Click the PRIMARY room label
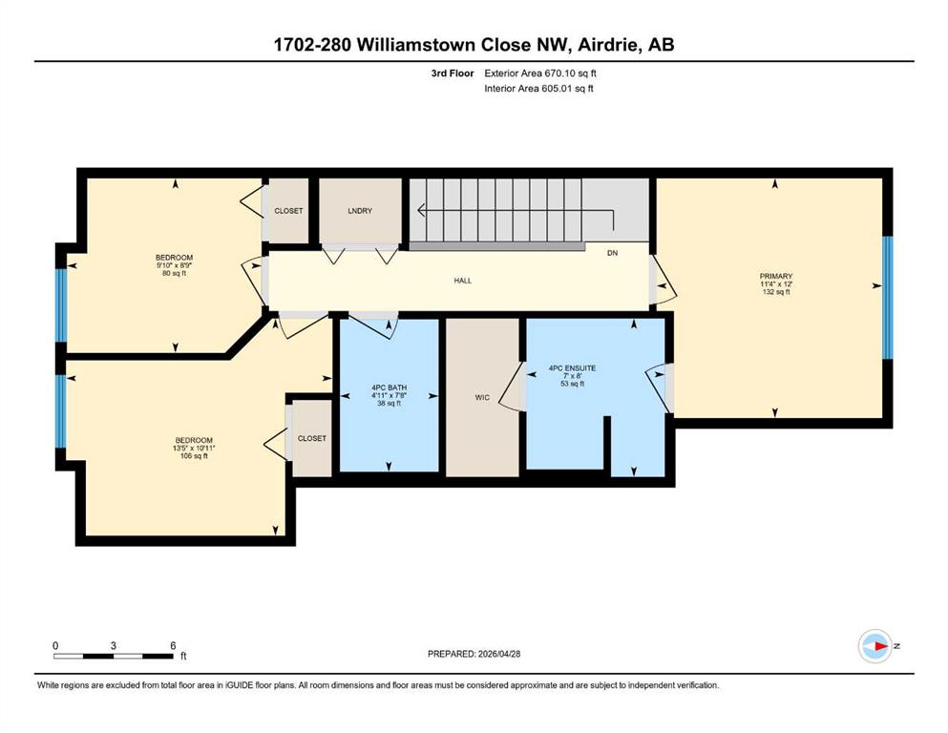pyautogui.click(x=776, y=276)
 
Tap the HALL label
pyautogui.click(x=462, y=281)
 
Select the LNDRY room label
pyautogui.click(x=360, y=211)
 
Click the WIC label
pyautogui.click(x=482, y=398)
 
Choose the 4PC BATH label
pyautogui.click(x=389, y=387)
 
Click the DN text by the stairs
pyautogui.click(x=613, y=253)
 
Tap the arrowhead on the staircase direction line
pyautogui.click(x=421, y=210)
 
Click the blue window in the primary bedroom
pyautogui.click(x=888, y=298)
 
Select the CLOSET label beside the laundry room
pyautogui.click(x=288, y=211)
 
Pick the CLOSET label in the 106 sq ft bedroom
pyautogui.click(x=312, y=438)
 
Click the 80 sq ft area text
pyautogui.click(x=174, y=273)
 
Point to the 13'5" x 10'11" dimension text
pyautogui.click(x=194, y=449)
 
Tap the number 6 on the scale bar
pyautogui.click(x=173, y=645)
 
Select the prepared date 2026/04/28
pyautogui.click(x=498, y=654)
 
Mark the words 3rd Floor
pyautogui.click(x=453, y=73)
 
